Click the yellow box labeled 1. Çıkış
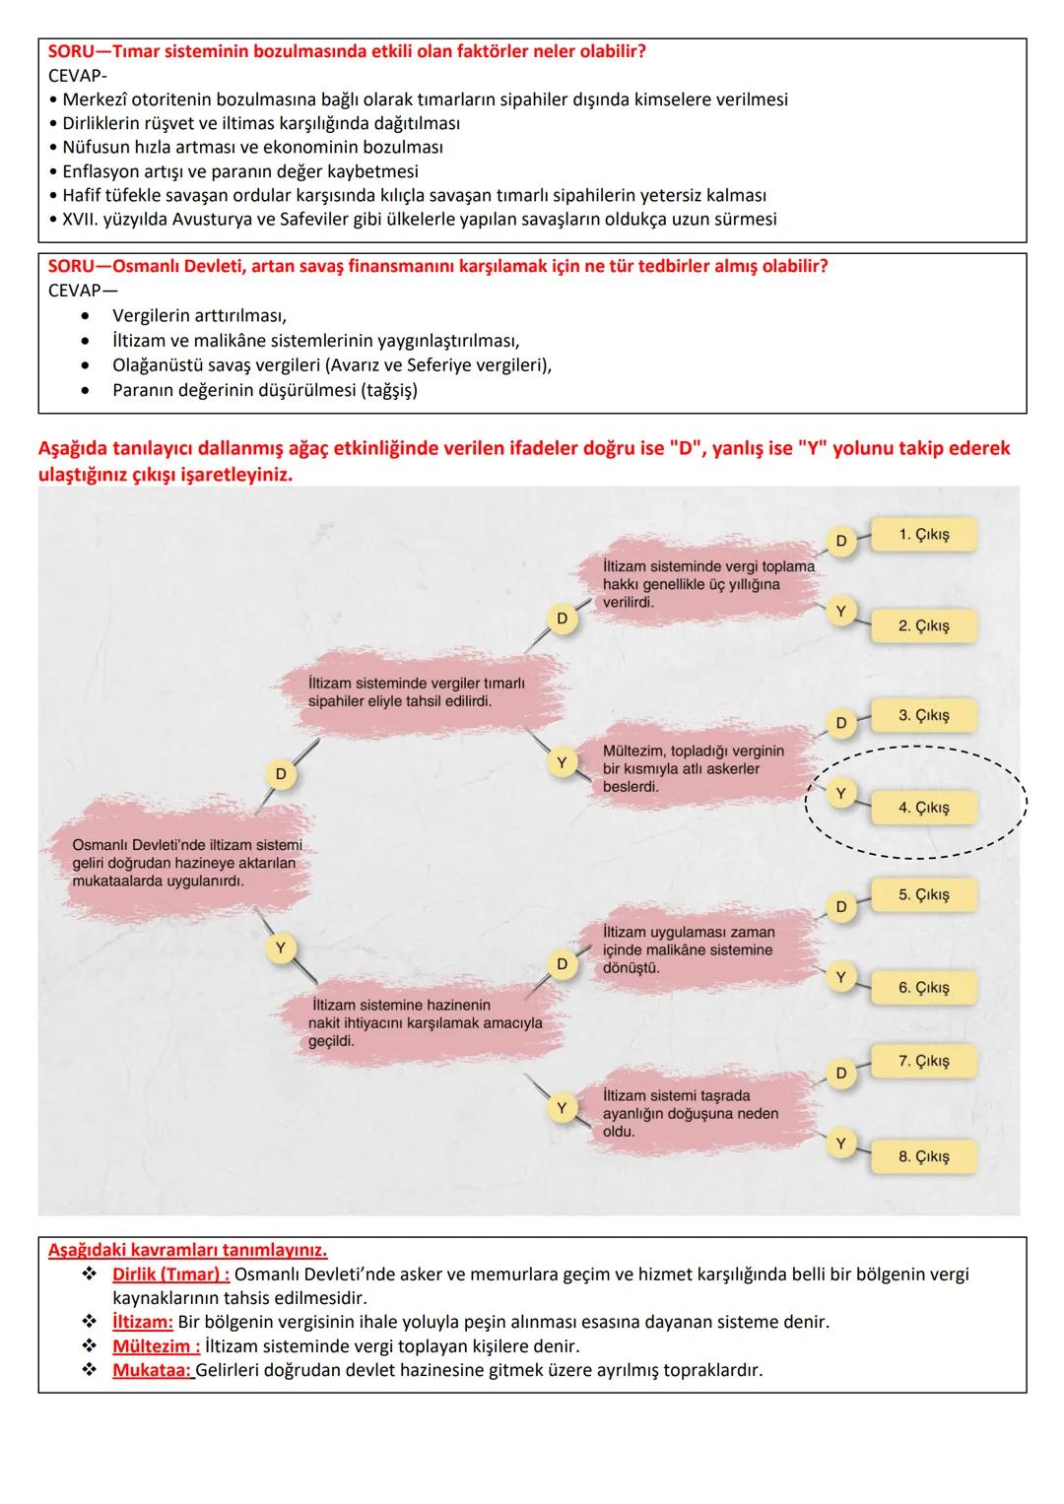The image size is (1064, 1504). pos(923,535)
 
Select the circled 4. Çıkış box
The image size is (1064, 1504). pos(923,808)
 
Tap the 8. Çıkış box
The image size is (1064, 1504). pos(923,1156)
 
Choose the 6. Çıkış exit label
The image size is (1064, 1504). pos(923,987)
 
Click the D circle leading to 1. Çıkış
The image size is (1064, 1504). pos(840,541)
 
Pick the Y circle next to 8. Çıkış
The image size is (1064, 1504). pos(840,1144)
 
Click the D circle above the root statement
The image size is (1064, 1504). pos(281,774)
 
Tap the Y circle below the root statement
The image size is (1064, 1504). pos(281,948)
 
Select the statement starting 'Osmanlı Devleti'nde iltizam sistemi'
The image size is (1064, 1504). pos(187,863)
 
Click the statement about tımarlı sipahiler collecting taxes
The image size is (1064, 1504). pos(417,691)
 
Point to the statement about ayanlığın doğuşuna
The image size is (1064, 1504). pos(691,1113)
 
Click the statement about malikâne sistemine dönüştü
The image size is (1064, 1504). pos(689,949)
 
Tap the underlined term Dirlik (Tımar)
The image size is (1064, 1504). pos(170,1275)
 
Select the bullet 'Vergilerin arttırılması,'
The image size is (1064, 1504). pos(199,316)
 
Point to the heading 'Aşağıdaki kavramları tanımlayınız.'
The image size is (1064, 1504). pos(187,1251)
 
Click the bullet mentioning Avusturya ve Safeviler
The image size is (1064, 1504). pos(419,219)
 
